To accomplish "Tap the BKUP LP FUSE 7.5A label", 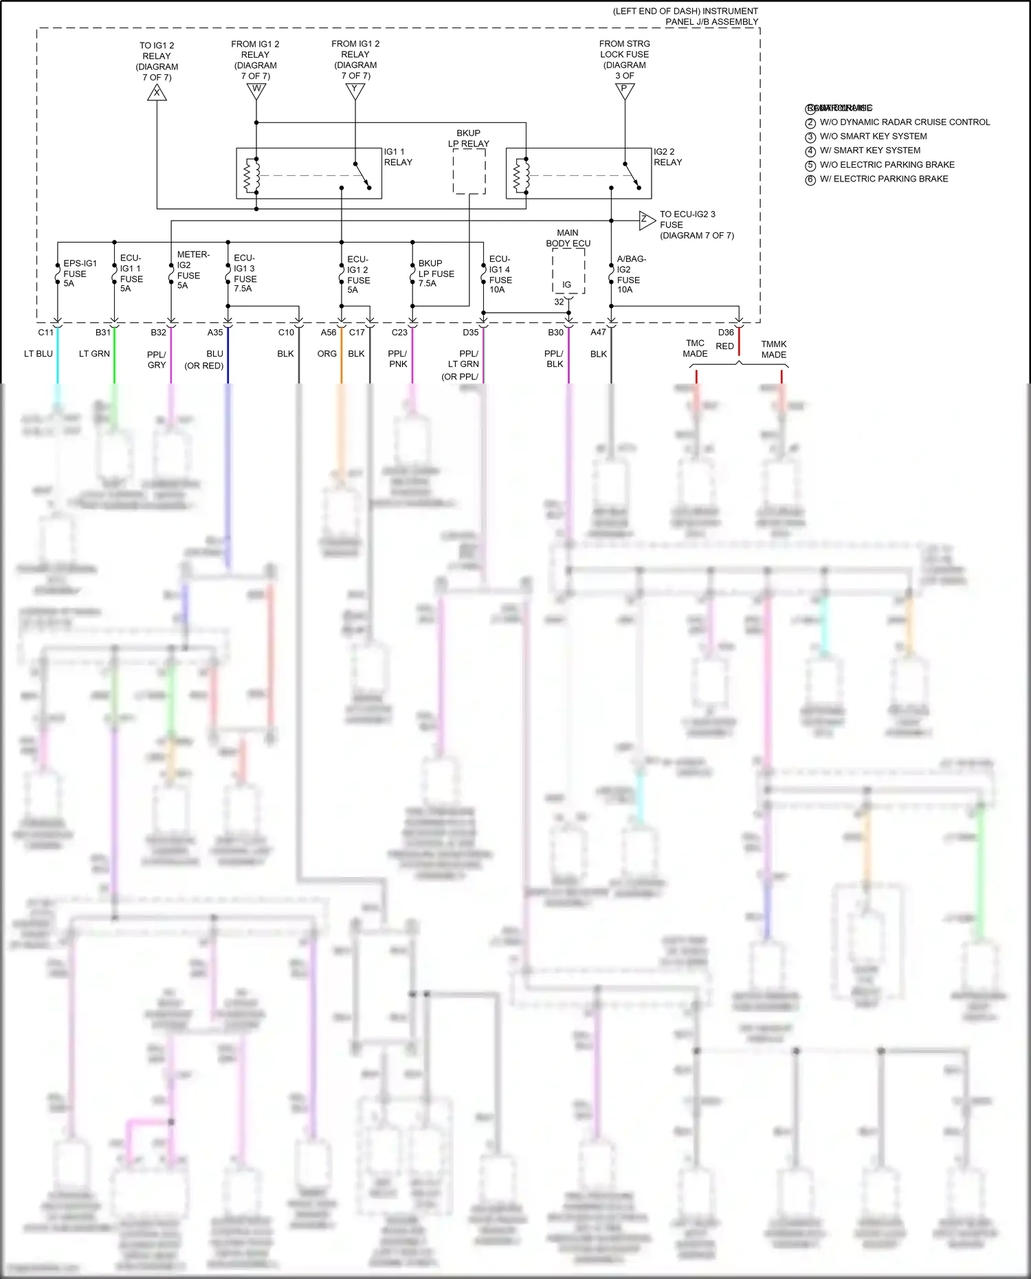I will (x=435, y=273).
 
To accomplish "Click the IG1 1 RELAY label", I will (x=398, y=157).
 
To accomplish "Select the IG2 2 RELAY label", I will (x=667, y=157).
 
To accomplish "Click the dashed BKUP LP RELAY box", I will (x=469, y=171).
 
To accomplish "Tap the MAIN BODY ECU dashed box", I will (x=568, y=271).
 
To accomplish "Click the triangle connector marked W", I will (x=256, y=90).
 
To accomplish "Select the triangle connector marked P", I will (x=624, y=90).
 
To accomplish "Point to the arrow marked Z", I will (x=646, y=220).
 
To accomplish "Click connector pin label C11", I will (x=45, y=332).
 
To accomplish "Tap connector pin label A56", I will (x=329, y=332).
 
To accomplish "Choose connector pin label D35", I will (x=470, y=332).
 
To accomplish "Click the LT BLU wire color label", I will (x=38, y=353).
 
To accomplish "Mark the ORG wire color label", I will (x=327, y=353).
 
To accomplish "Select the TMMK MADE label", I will (x=773, y=349).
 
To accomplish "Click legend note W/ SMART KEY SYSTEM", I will (x=869, y=151).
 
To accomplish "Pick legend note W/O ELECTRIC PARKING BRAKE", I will (x=887, y=165).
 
